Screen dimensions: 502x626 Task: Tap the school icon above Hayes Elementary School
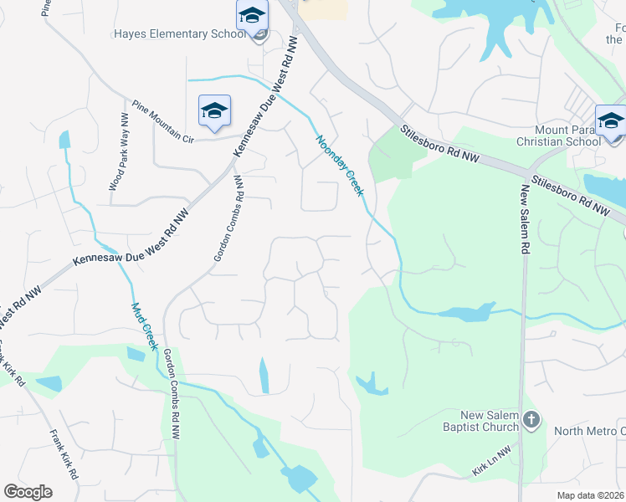tap(252, 16)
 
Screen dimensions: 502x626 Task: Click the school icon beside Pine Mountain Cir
tap(214, 110)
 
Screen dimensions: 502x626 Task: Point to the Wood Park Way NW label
tap(117, 153)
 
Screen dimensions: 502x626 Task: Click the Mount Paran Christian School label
tap(569, 136)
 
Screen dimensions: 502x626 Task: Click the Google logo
tap(28, 492)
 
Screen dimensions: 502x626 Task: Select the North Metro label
tap(589, 431)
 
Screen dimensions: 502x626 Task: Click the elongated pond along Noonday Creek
tap(465, 314)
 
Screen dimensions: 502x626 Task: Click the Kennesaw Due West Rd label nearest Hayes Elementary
tap(266, 94)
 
